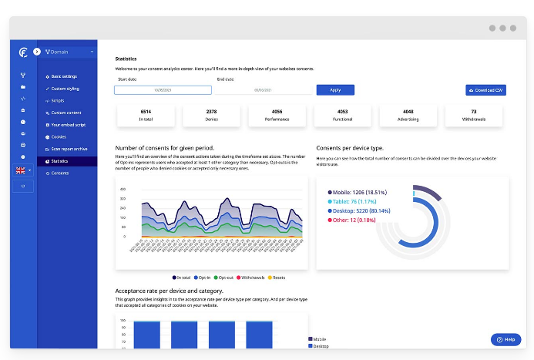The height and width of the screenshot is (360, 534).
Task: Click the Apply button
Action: click(334, 90)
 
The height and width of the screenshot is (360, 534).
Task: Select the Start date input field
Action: click(163, 90)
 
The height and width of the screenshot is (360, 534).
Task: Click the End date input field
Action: click(264, 90)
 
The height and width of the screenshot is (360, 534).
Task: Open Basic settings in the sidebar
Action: click(64, 76)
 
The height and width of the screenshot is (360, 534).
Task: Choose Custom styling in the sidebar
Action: click(65, 89)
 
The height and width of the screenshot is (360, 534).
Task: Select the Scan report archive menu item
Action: click(69, 149)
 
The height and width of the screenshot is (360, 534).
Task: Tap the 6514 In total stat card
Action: click(146, 116)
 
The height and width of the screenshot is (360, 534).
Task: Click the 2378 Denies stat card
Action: click(211, 116)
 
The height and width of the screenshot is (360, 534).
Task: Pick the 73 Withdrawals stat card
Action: click(473, 116)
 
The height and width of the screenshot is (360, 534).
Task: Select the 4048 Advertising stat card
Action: click(408, 116)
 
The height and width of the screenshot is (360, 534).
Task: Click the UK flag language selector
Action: click(23, 170)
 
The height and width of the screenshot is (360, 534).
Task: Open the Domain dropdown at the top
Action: click(69, 52)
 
